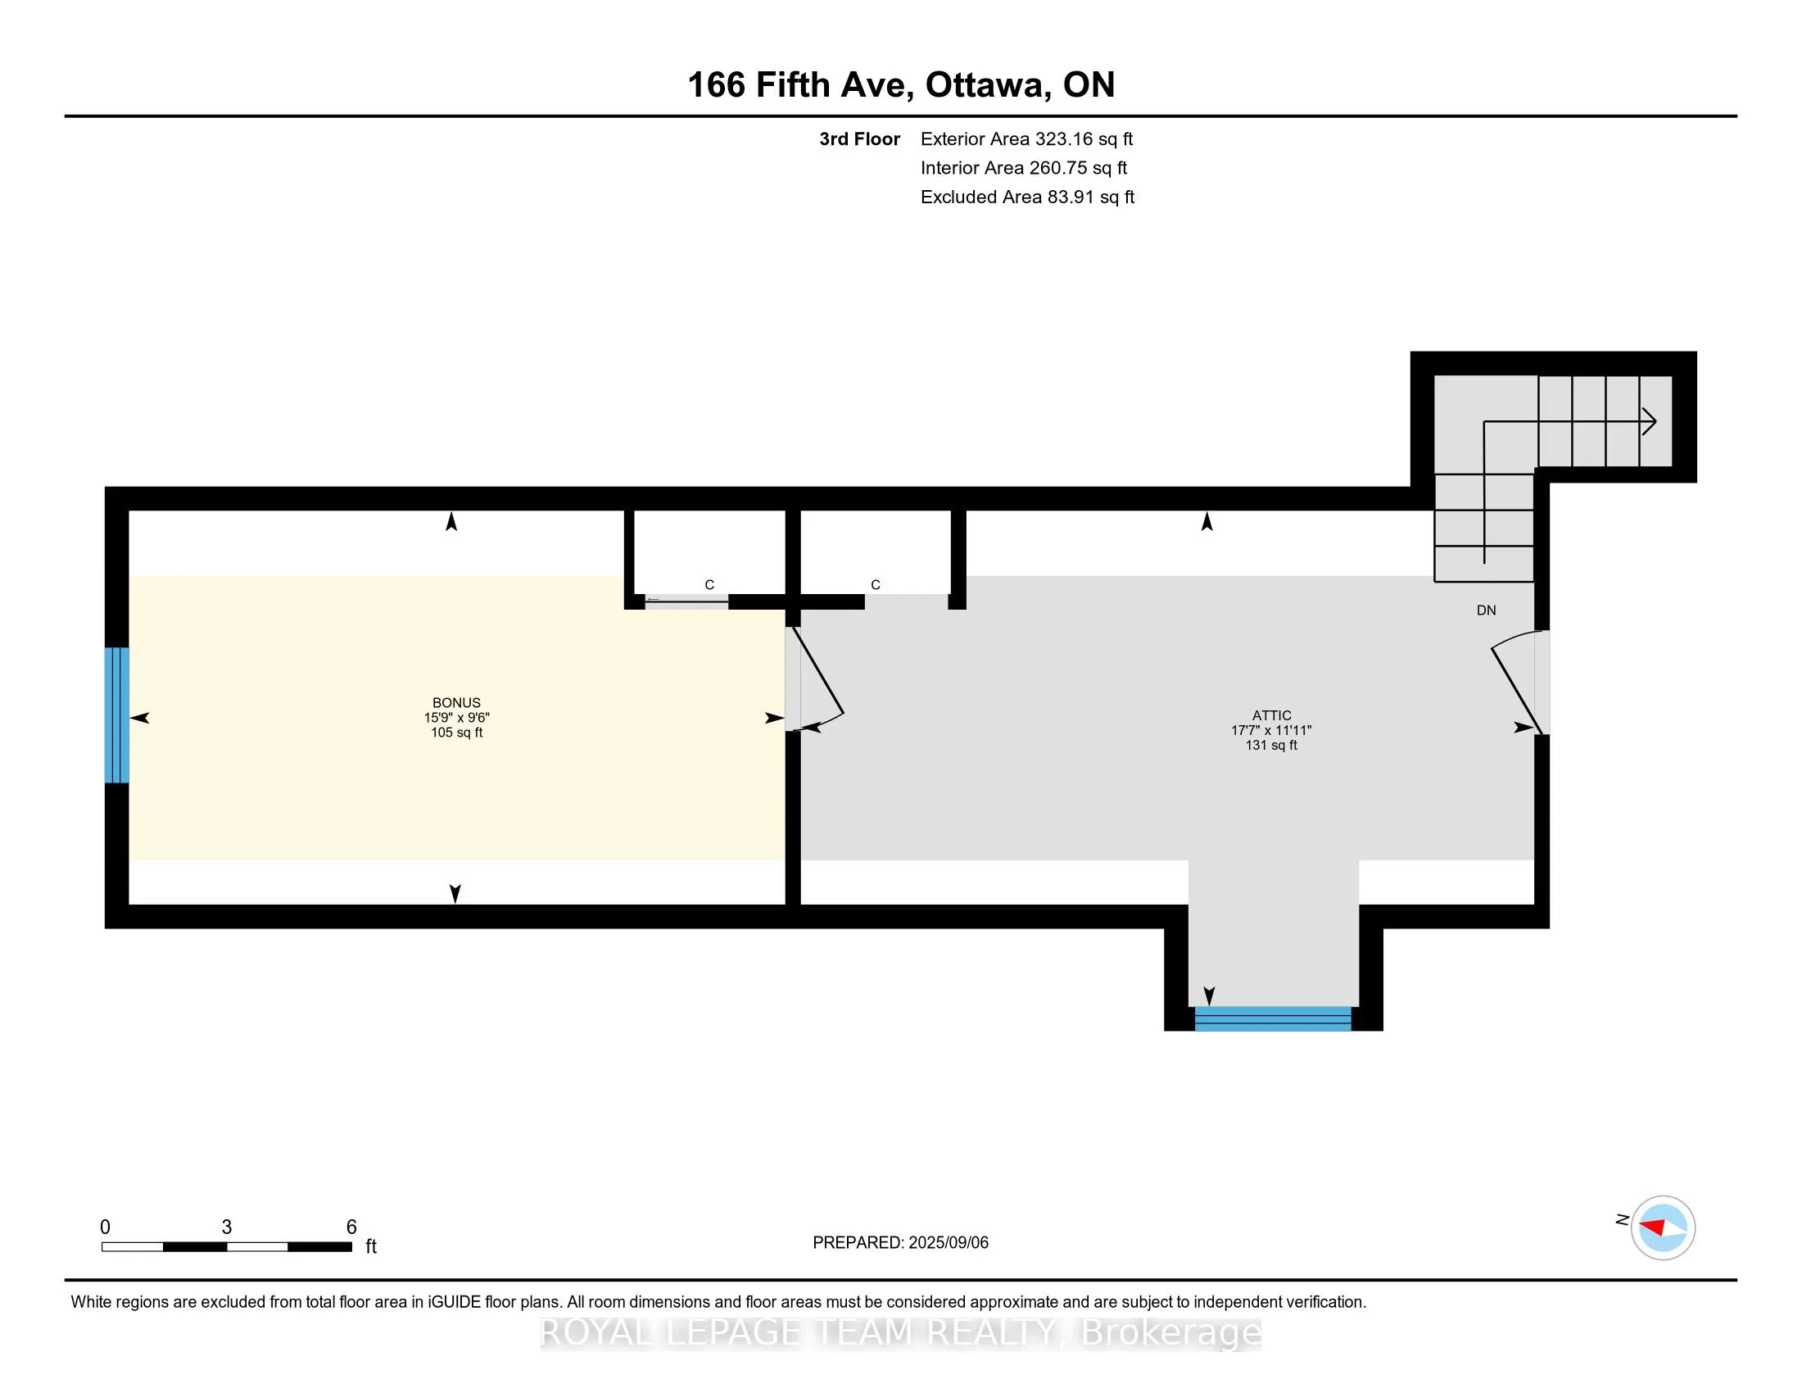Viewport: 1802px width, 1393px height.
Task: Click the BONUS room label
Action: pos(456,703)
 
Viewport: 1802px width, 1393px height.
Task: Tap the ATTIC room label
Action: pos(1271,715)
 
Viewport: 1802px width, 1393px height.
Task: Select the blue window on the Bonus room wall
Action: pos(117,715)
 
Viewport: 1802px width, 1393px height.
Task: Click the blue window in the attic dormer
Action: pos(1273,1019)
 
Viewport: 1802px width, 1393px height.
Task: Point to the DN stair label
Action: pos(1486,610)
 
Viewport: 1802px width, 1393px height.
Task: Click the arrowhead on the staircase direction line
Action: pos(1649,422)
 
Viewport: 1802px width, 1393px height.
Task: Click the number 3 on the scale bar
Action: pos(227,1227)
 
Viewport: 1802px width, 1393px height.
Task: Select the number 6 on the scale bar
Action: pos(351,1227)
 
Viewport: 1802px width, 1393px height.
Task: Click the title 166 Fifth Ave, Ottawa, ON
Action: pos(901,85)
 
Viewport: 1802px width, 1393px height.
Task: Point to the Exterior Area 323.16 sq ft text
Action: pos(1026,139)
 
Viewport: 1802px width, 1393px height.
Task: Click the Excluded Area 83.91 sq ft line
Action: pos(1027,197)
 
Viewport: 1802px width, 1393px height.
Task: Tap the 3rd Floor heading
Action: pos(859,139)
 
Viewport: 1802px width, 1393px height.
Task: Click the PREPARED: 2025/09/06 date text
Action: pos(900,1243)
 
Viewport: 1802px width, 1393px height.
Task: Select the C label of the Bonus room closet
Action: pos(709,585)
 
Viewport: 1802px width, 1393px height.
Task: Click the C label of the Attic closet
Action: pos(876,585)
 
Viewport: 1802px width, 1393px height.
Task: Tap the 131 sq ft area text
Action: pos(1271,745)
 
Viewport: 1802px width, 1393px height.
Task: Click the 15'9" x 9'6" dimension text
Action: pos(456,718)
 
